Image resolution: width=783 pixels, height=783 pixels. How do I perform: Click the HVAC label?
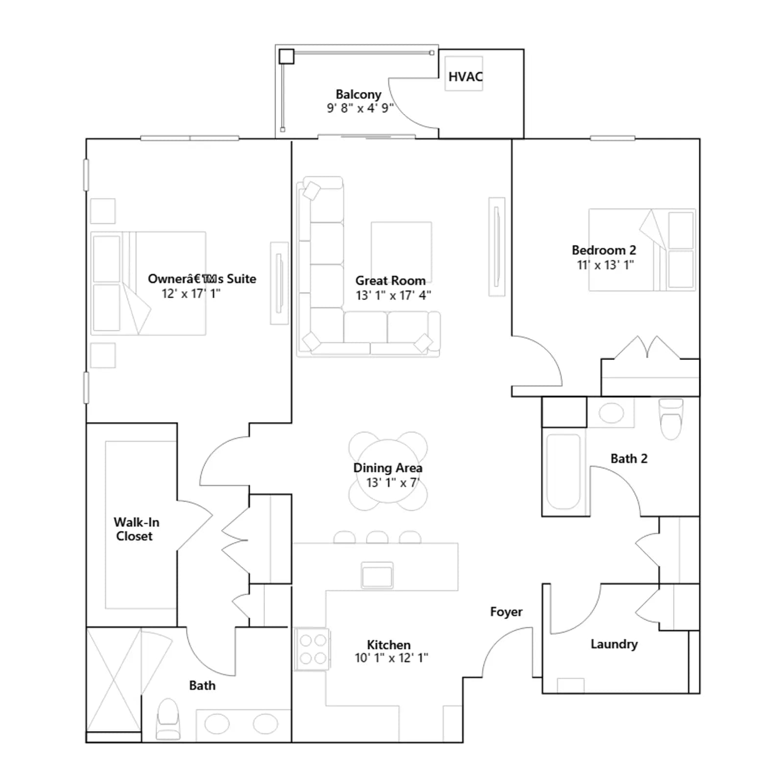pyautogui.click(x=465, y=77)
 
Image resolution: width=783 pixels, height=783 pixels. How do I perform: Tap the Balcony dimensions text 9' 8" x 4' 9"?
pyautogui.click(x=360, y=108)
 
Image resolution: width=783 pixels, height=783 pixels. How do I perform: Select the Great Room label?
pyautogui.click(x=390, y=280)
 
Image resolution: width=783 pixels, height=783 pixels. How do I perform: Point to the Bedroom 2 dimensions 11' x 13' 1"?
pyautogui.click(x=605, y=265)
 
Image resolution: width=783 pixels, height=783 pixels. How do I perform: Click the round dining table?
pyautogui.click(x=388, y=471)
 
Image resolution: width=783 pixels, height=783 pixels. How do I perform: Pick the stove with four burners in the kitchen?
pyautogui.click(x=312, y=649)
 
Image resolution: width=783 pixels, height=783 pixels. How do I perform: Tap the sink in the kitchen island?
pyautogui.click(x=377, y=575)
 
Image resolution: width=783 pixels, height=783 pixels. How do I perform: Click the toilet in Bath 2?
pyautogui.click(x=670, y=419)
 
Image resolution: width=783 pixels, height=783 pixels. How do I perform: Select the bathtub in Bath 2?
pyautogui.click(x=563, y=472)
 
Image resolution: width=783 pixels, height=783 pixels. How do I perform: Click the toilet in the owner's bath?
pyautogui.click(x=168, y=718)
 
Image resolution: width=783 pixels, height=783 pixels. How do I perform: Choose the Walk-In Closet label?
pyautogui.click(x=136, y=529)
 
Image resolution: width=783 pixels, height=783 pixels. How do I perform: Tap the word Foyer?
pyautogui.click(x=506, y=612)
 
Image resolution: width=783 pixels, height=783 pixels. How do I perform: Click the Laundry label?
pyautogui.click(x=614, y=644)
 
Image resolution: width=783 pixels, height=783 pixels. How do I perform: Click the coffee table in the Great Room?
pyautogui.click(x=401, y=252)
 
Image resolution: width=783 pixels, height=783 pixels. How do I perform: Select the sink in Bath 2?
pyautogui.click(x=611, y=413)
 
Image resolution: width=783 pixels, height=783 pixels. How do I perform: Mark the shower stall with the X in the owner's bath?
pyautogui.click(x=114, y=680)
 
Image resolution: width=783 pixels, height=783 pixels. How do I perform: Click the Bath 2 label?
pyautogui.click(x=629, y=459)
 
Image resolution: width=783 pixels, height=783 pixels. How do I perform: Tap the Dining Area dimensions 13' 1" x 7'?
pyautogui.click(x=392, y=483)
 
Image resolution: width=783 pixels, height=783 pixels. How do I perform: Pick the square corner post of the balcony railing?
pyautogui.click(x=286, y=56)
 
